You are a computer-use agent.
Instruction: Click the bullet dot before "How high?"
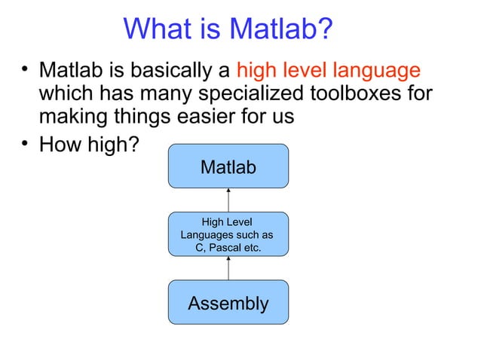point(24,142)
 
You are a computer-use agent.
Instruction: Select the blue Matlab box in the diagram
point(228,166)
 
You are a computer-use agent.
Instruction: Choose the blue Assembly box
point(228,303)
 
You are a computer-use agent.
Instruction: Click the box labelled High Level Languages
point(228,234)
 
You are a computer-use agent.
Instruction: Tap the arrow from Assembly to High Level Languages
point(228,269)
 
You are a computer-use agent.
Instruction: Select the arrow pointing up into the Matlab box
point(228,200)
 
